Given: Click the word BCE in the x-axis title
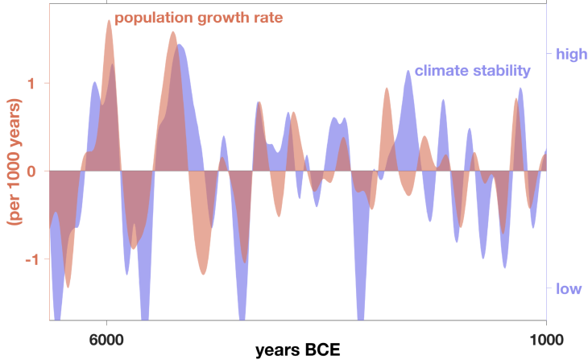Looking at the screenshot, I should [x=321, y=350].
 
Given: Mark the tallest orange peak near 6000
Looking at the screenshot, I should [x=109, y=22].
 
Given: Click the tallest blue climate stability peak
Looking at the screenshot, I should [x=180, y=46].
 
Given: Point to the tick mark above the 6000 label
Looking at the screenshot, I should [x=107, y=324].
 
